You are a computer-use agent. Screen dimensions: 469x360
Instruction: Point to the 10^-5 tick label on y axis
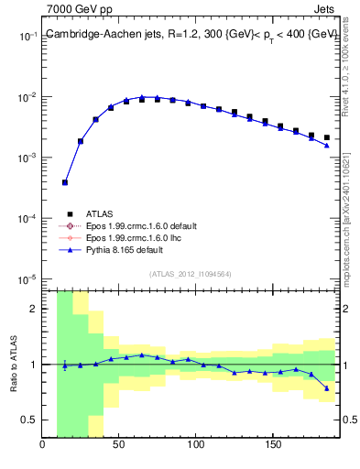[25, 279]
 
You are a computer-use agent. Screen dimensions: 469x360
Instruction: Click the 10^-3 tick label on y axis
[25, 158]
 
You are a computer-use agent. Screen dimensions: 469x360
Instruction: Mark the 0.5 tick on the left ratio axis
[27, 420]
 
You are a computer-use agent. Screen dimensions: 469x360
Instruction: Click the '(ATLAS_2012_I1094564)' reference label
[190, 272]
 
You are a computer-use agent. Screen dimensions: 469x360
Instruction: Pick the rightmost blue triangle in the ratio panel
[326, 388]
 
